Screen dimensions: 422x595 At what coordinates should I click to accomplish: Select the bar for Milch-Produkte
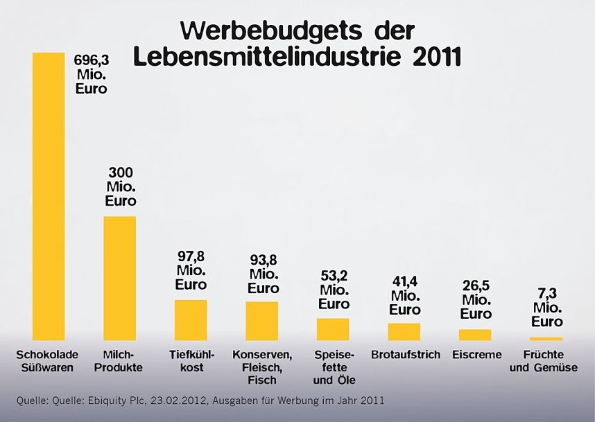pos(119,278)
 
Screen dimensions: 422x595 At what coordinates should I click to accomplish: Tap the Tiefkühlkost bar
pos(191,319)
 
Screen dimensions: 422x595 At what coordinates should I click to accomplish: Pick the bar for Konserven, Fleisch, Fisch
pos(261,320)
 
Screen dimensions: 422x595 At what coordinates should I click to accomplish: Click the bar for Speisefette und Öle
pos(333,329)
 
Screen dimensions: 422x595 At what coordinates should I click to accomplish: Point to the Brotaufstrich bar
pos(404,331)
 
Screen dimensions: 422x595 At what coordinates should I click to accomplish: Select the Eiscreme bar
pos(475,334)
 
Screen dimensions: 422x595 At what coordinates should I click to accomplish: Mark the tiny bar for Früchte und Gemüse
pos(546,338)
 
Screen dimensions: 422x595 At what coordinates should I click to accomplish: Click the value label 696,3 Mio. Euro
pos(92,75)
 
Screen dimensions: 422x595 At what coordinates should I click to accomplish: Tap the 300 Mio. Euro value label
pos(120,187)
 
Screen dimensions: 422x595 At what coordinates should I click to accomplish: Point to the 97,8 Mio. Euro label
pos(191,270)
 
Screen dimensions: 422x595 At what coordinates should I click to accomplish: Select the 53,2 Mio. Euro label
pos(334,290)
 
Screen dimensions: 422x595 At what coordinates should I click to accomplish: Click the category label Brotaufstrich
pos(406,355)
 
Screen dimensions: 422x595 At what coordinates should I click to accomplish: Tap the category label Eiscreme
pos(476,355)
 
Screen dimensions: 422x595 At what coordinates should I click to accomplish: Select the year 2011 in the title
pos(436,56)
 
